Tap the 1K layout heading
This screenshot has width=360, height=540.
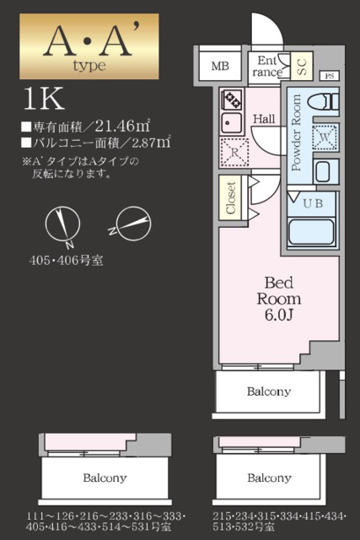pos(44,99)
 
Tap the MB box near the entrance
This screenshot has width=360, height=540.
pos(220,66)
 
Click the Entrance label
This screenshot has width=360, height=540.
pos(267,66)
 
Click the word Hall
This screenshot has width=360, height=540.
pos(265,119)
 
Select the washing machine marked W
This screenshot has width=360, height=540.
pos(324,136)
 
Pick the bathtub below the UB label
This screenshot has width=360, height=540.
pos(312,231)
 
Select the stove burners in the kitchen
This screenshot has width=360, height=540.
pos(230,100)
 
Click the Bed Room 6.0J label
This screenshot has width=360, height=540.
pos(279,298)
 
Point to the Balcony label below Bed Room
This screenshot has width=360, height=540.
pos(269,391)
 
